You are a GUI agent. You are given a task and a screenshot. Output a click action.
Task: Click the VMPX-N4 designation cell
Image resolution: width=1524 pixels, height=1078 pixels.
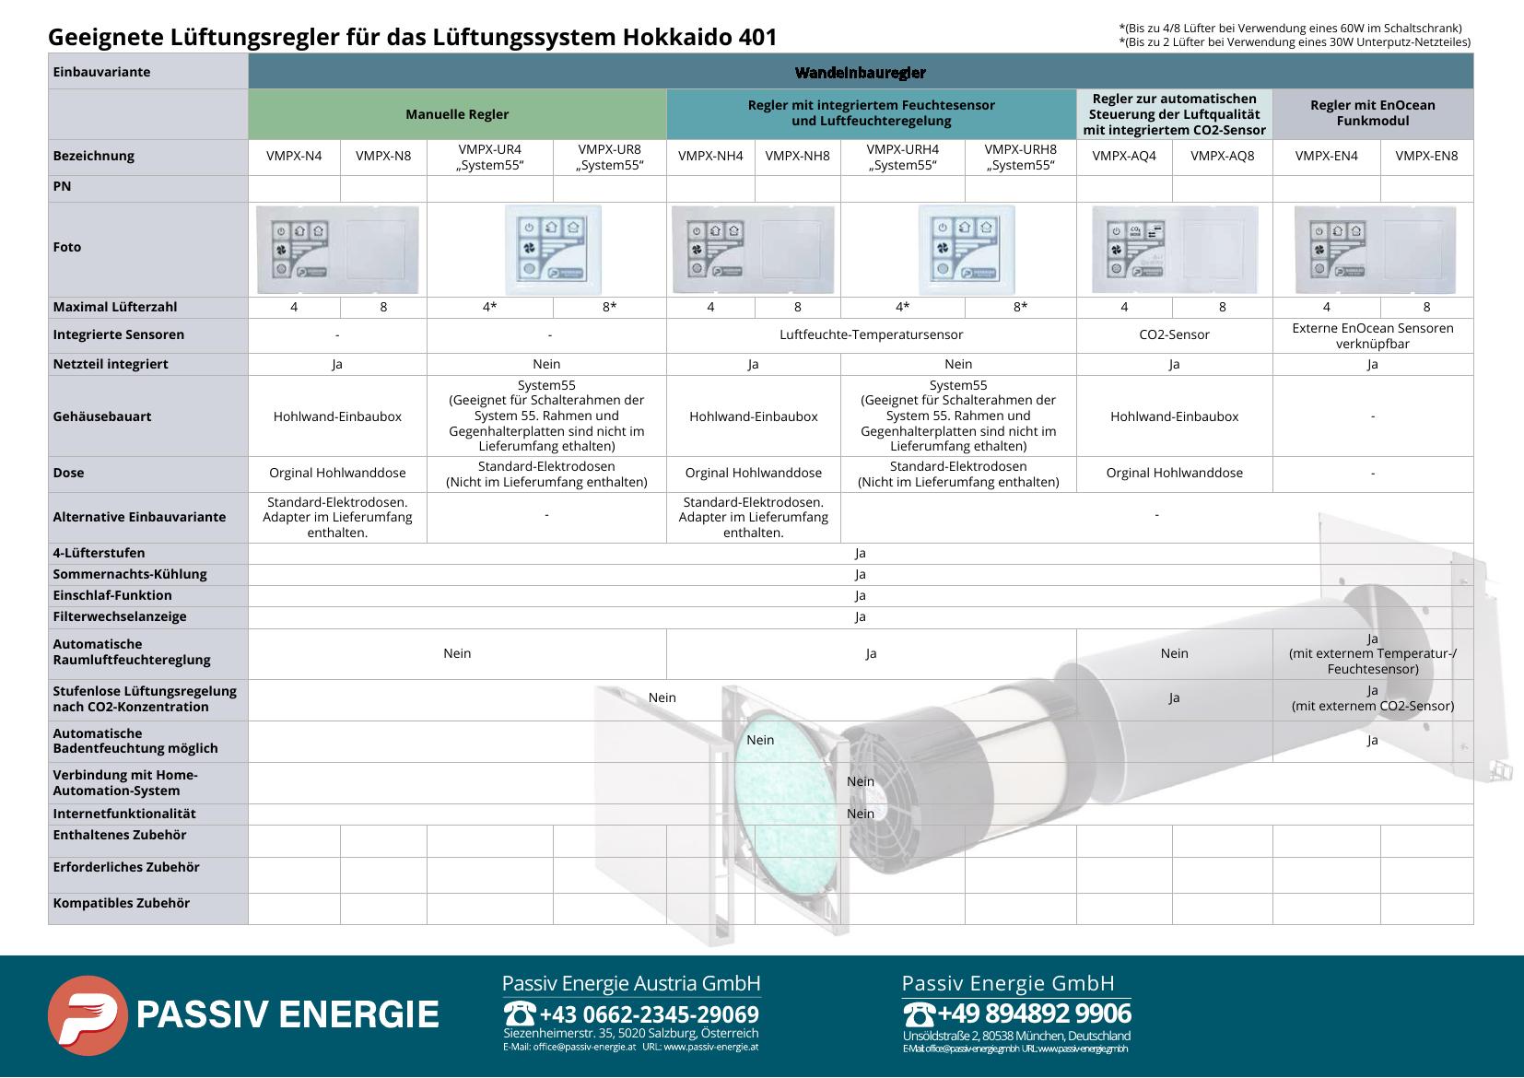click(x=294, y=157)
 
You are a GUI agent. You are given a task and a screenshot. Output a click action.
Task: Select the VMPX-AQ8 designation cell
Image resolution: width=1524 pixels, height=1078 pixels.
click(x=1222, y=157)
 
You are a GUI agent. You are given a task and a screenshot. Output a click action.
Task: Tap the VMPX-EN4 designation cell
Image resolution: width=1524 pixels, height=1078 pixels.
click(x=1326, y=157)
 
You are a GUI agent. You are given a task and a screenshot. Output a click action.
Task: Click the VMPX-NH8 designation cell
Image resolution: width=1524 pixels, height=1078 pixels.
click(x=797, y=157)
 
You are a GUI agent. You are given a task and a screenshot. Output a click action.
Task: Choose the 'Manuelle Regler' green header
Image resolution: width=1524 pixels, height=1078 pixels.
click(x=457, y=114)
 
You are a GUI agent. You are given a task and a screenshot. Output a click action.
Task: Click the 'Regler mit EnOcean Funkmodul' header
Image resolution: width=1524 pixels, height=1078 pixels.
click(x=1372, y=113)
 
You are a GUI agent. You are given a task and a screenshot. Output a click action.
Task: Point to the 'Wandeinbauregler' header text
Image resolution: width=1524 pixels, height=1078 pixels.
click(x=860, y=72)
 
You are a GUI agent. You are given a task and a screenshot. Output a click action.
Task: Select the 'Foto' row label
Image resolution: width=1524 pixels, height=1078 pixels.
click(x=67, y=247)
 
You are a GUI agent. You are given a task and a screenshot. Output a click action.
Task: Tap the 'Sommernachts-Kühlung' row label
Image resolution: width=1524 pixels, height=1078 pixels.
click(x=130, y=574)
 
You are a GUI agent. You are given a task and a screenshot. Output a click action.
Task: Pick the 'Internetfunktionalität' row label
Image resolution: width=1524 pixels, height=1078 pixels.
click(x=124, y=814)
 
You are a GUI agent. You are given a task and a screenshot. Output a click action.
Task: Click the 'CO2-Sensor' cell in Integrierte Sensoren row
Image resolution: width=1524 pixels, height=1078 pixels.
click(x=1174, y=335)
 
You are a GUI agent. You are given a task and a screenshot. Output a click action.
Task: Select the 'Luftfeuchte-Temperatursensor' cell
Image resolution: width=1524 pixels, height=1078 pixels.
click(x=871, y=335)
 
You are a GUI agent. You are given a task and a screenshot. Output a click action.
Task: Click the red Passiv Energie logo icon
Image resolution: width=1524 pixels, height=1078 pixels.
click(x=88, y=1015)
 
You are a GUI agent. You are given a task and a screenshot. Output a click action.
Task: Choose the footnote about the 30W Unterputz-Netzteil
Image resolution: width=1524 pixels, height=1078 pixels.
click(x=1295, y=41)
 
